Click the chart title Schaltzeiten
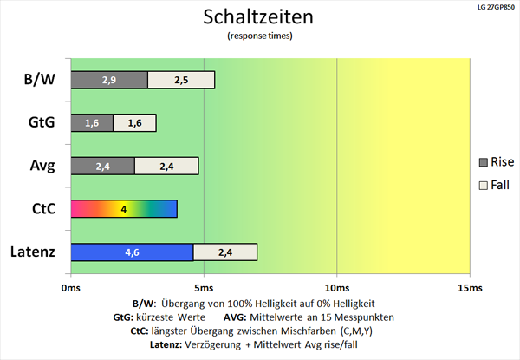click(x=259, y=16)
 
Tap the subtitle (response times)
click(x=259, y=36)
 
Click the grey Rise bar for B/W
click(x=108, y=80)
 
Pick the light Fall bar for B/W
click(x=181, y=80)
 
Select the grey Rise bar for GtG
click(x=92, y=123)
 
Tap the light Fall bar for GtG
click(x=134, y=123)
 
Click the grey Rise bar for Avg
click(x=102, y=166)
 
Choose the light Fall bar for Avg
click(x=166, y=166)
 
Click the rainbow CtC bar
click(x=124, y=209)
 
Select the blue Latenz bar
click(x=132, y=252)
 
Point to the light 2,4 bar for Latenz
click(x=225, y=252)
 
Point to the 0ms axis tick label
click(x=70, y=287)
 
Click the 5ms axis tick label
click(x=204, y=287)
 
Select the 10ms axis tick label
click(x=336, y=287)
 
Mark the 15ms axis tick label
click(x=469, y=287)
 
